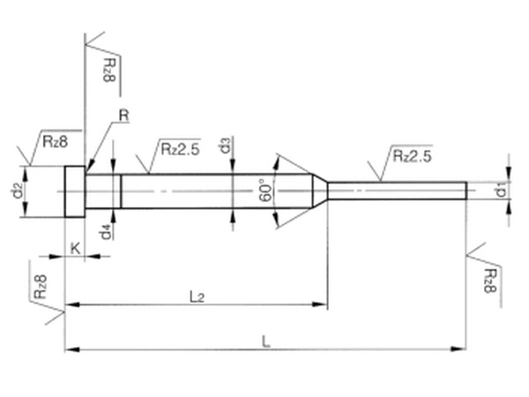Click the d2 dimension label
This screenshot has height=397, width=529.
(16, 190)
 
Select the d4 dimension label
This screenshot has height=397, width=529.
(106, 232)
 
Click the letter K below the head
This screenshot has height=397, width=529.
(75, 250)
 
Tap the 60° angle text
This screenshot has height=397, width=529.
(264, 191)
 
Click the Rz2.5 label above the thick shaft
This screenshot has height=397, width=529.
(180, 148)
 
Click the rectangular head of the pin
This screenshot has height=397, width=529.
(76, 191)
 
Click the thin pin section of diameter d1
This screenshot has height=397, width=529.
(397, 190)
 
